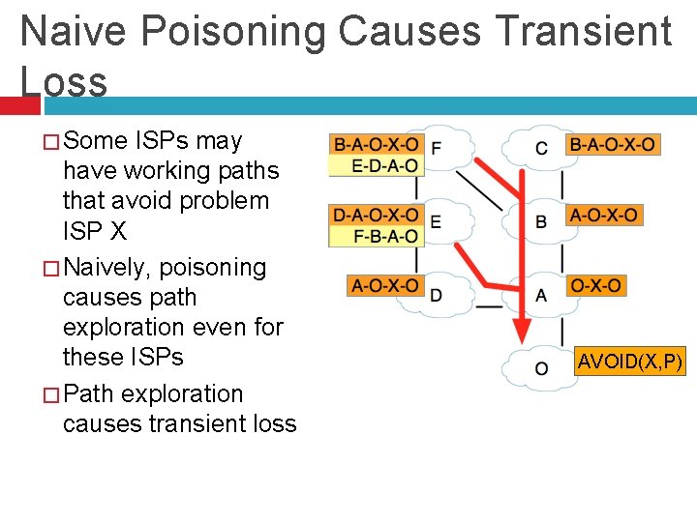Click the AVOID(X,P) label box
[630, 362]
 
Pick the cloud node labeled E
[440, 221]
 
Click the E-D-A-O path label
[377, 166]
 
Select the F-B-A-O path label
[377, 236]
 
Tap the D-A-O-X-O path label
[377, 215]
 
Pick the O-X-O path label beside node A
[596, 285]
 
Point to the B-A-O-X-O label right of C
[613, 145]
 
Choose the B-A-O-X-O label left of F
[377, 145]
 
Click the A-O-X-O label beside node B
[603, 215]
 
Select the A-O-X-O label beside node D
[385, 285]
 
